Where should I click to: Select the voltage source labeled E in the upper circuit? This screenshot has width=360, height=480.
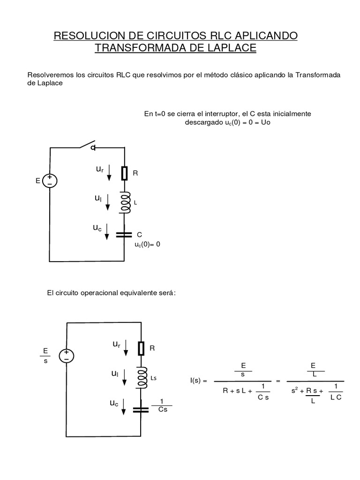click(x=50, y=180)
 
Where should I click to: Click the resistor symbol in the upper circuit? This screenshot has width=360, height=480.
click(x=124, y=173)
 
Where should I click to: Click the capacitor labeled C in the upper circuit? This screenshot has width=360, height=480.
click(x=124, y=234)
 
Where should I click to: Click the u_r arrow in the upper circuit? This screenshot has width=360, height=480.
click(x=109, y=173)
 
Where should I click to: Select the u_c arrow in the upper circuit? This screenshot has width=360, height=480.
click(x=107, y=232)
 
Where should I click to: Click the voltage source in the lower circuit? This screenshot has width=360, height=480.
click(x=67, y=356)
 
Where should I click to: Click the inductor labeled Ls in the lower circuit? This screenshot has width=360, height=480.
click(x=141, y=377)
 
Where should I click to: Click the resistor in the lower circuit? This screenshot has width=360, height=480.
click(x=141, y=348)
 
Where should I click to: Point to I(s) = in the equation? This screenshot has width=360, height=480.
click(x=198, y=381)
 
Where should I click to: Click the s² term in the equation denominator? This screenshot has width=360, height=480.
click(x=295, y=390)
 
